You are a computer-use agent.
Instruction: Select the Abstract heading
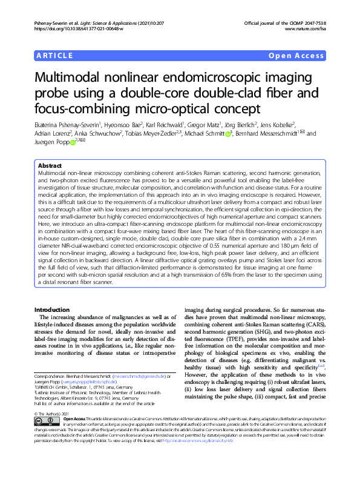pos(50,165)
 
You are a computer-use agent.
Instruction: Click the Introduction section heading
pos(53,309)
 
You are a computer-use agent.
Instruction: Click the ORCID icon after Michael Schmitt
pos(228,134)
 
